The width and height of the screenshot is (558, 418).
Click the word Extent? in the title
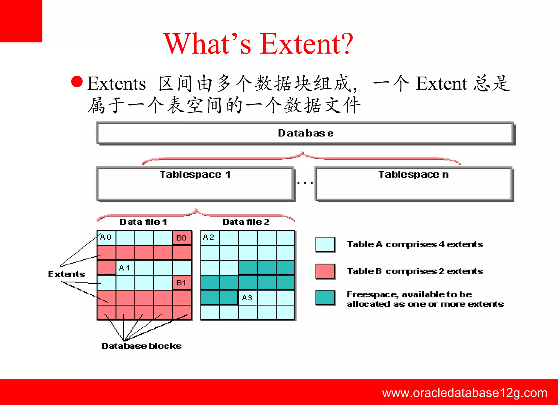306,44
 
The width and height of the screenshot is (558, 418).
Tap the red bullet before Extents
77,82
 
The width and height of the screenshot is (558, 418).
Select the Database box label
305,133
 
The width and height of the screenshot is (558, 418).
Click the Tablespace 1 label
195,174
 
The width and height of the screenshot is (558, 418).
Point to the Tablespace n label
413,174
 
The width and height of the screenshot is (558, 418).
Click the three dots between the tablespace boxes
305,183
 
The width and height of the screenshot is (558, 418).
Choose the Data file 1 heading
143,222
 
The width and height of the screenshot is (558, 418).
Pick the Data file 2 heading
246,222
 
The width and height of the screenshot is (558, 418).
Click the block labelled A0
106,237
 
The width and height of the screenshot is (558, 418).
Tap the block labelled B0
181,238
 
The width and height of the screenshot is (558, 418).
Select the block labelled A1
125,268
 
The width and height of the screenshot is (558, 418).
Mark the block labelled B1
181,283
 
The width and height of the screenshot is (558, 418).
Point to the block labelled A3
247,298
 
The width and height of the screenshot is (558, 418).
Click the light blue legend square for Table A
325,244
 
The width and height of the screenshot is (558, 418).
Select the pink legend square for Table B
325,271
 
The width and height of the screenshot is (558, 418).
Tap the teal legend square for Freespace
325,297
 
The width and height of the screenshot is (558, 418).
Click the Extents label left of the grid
67,274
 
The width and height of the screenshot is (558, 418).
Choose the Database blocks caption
141,346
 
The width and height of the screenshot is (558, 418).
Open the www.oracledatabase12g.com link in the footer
465,393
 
